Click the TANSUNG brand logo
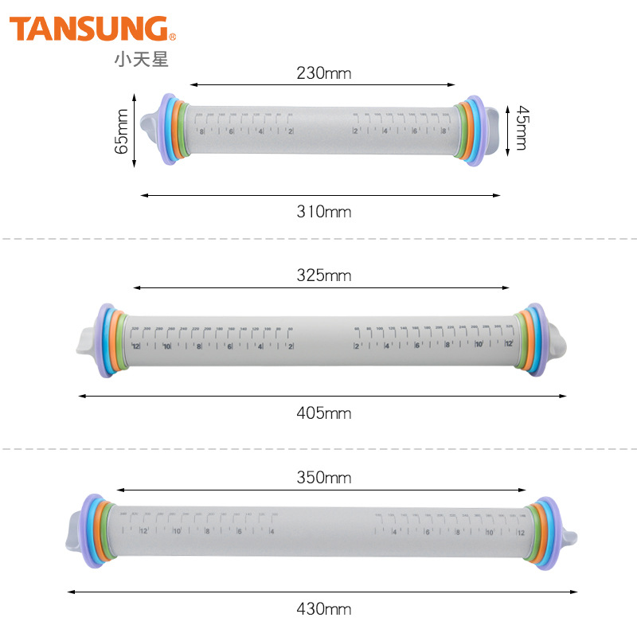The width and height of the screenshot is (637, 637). tap(90, 29)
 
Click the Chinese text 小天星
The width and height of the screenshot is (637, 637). tap(142, 59)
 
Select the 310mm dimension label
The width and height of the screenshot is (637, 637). tap(324, 212)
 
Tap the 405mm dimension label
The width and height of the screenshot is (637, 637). tap(324, 413)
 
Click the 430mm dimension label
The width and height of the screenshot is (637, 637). tap(324, 609)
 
